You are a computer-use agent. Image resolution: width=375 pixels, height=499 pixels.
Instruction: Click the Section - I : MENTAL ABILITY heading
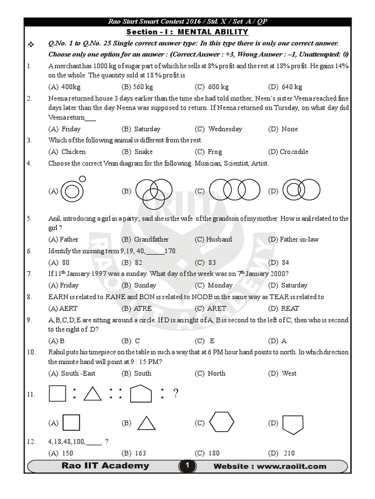(187, 32)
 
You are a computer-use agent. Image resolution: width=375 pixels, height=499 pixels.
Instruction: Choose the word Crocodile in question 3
(294, 152)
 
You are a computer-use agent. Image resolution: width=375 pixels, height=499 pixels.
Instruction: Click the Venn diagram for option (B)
(150, 191)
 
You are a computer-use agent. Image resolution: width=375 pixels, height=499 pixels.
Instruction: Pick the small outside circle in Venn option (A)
(82, 179)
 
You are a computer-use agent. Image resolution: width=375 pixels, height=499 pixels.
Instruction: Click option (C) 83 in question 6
(206, 263)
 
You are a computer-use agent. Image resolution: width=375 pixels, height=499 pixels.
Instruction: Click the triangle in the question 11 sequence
(92, 393)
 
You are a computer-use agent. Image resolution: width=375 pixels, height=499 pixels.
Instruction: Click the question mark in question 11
(176, 394)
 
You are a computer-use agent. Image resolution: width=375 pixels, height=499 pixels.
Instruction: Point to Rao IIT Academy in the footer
(105, 466)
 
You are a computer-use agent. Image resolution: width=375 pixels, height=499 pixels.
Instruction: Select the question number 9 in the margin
(30, 320)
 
